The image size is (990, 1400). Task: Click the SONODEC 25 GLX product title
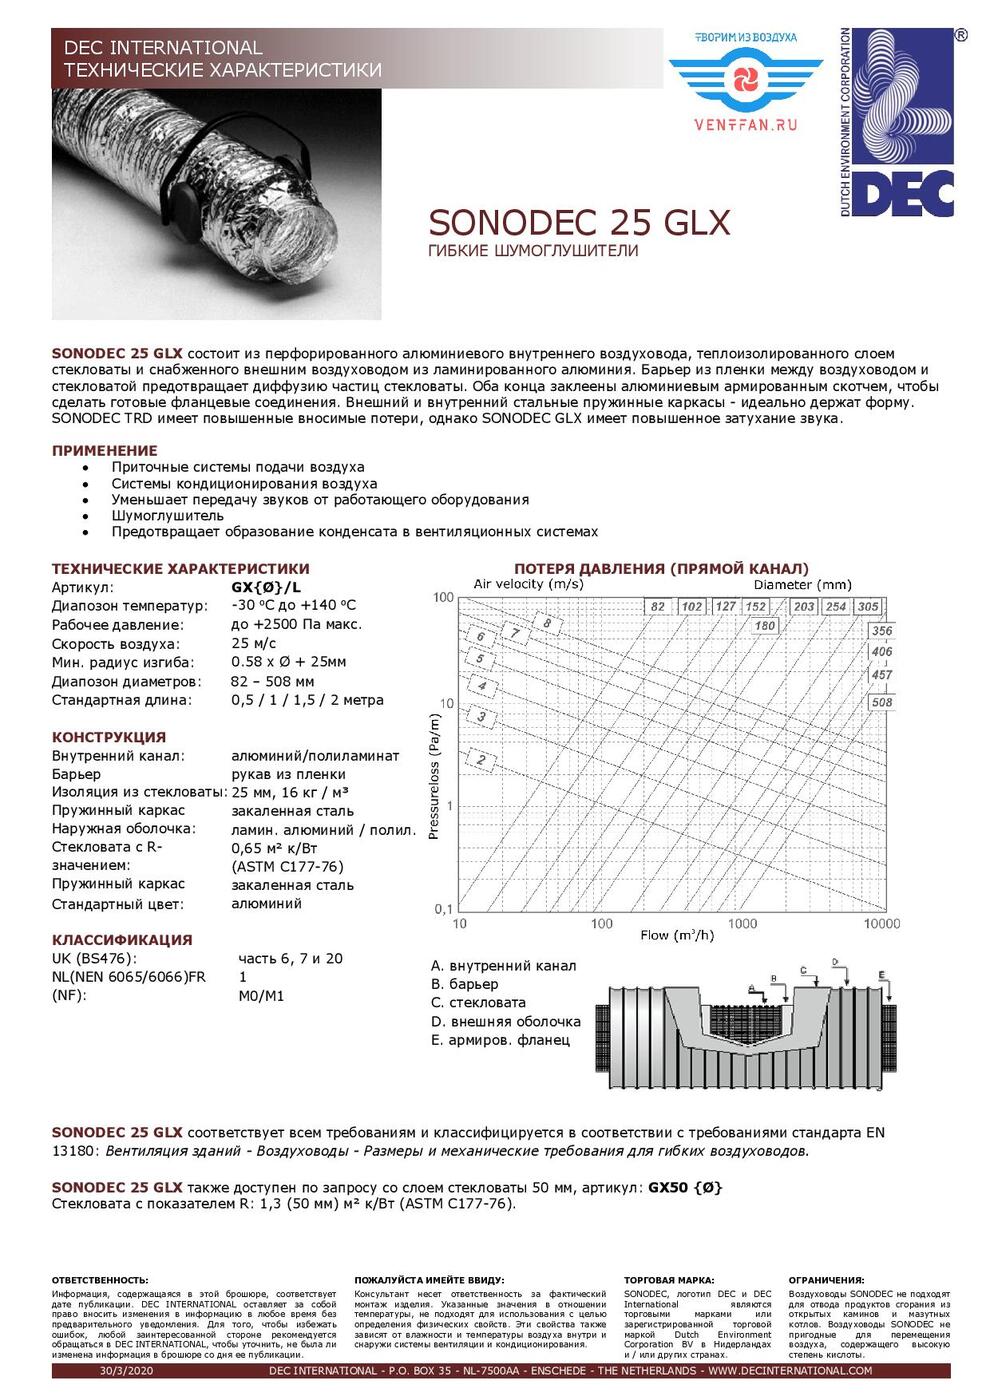point(579,222)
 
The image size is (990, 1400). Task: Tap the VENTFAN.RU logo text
point(746,125)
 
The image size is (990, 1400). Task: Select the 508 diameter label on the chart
point(881,702)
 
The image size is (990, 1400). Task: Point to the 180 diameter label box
point(765,626)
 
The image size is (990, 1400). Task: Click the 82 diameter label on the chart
point(657,606)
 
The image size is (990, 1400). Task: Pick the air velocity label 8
point(547,624)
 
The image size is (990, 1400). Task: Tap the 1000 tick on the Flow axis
point(742,923)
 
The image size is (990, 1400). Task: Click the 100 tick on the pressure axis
point(443,598)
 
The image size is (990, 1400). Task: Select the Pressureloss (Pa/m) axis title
point(434,776)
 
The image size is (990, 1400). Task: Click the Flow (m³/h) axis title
point(677,936)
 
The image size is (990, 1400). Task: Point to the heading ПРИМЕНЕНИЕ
point(104,450)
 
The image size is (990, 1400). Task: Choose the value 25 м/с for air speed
point(255,643)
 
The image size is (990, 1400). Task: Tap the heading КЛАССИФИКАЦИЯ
point(121,939)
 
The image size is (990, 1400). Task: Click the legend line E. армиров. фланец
point(500,1040)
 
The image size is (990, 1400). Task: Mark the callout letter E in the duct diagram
point(881,975)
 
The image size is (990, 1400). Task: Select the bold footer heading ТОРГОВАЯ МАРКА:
point(669,1280)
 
